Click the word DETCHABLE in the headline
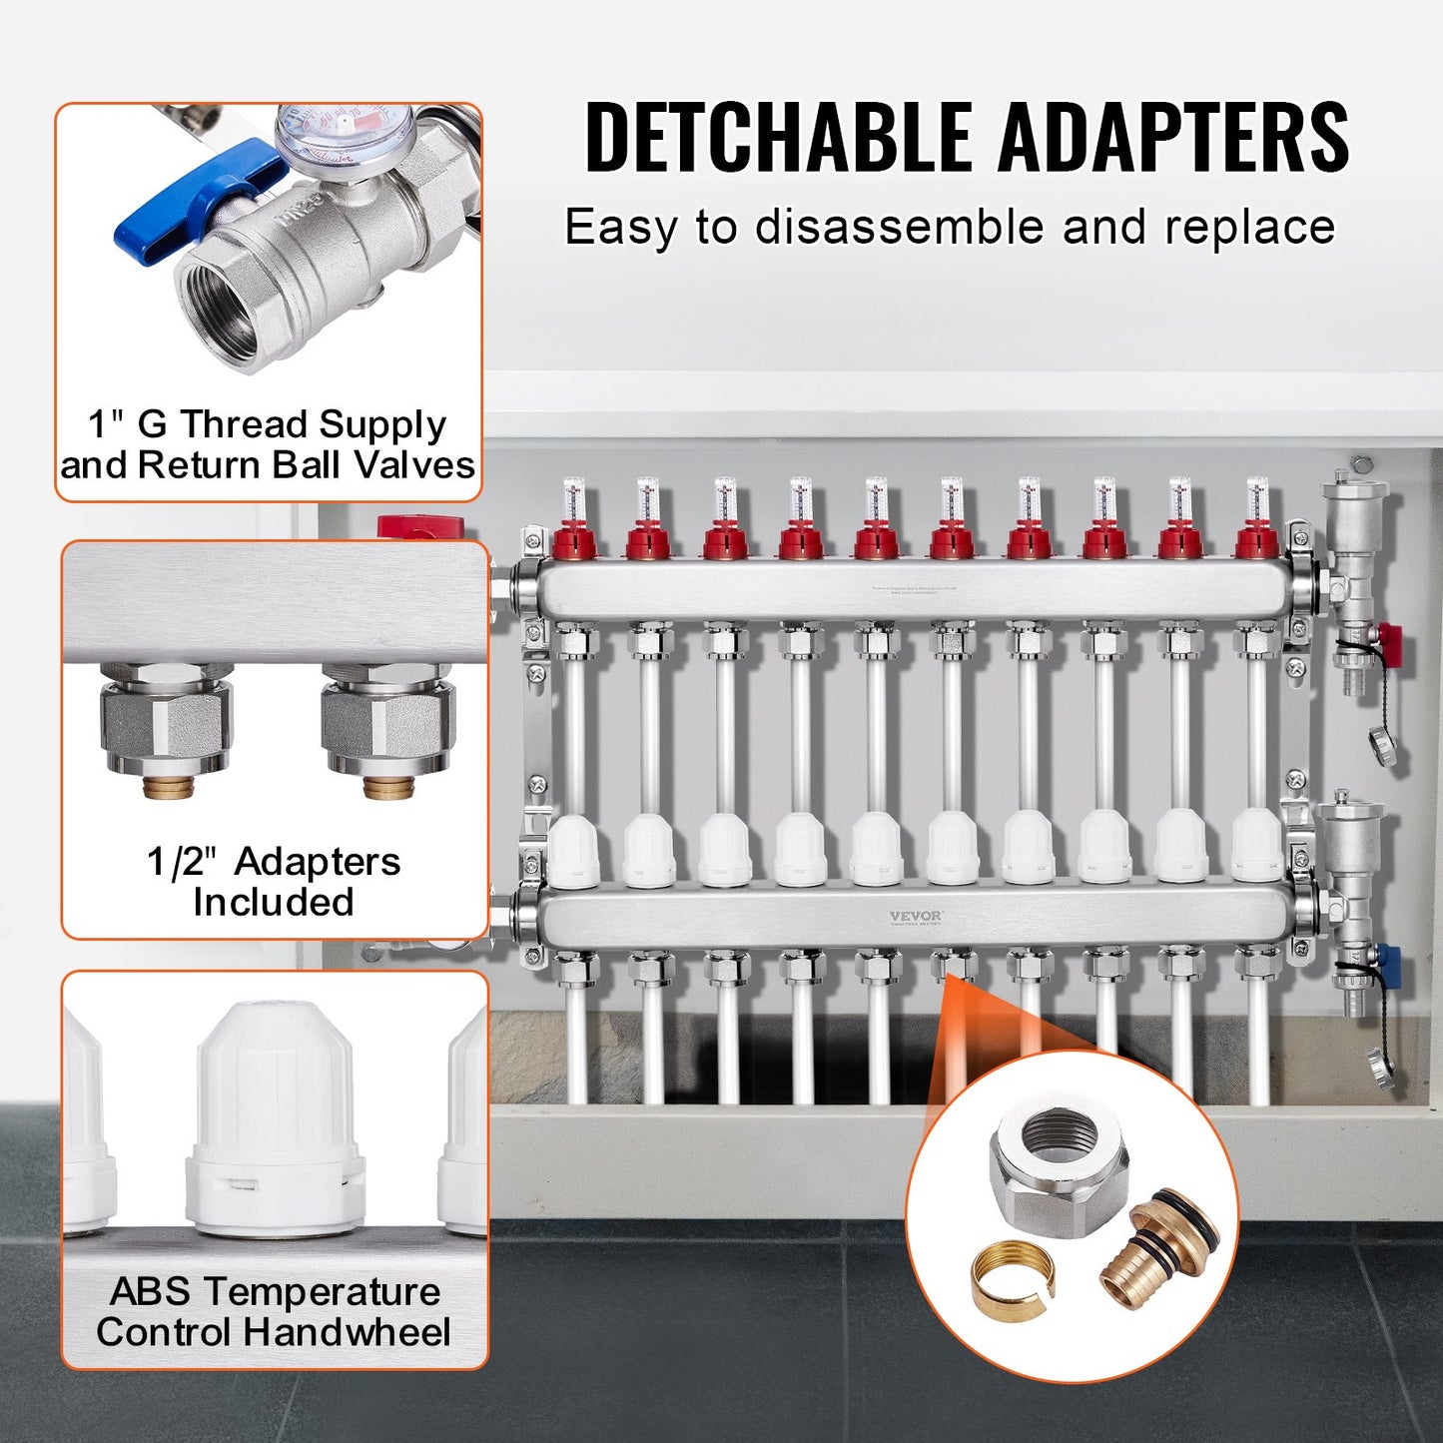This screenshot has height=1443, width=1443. [777, 137]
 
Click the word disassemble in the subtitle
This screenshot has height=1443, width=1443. [898, 227]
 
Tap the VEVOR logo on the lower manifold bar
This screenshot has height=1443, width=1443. [915, 916]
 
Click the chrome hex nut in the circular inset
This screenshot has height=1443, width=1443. [1060, 1164]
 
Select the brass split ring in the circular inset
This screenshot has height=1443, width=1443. [1011, 1273]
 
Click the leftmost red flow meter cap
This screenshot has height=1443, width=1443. [573, 541]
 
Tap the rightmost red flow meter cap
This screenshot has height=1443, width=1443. [1256, 541]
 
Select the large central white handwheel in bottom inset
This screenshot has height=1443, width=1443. [274, 1118]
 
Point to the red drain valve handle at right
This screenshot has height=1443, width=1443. [1389, 636]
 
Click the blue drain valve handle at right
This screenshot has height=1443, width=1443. [1388, 964]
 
